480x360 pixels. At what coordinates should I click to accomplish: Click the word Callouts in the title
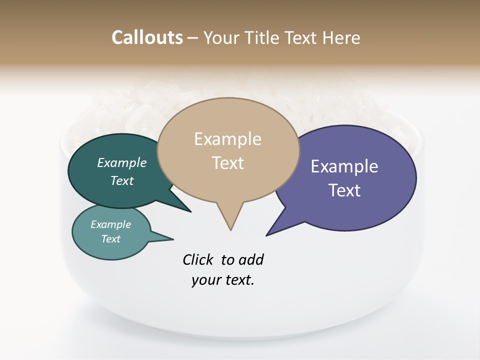coord(147,37)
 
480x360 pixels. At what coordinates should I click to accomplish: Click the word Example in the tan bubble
coord(228,139)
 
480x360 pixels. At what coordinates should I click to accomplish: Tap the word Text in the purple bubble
coord(344,190)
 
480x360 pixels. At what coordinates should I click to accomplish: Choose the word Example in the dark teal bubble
coord(122,162)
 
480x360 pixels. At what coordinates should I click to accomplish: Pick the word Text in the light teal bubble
coord(110,239)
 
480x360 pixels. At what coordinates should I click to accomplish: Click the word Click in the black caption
coord(199,260)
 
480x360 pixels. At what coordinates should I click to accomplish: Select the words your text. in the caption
coord(223,280)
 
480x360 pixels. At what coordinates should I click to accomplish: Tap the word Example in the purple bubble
coord(344,166)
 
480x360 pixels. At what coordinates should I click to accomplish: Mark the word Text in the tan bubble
coord(228,163)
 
